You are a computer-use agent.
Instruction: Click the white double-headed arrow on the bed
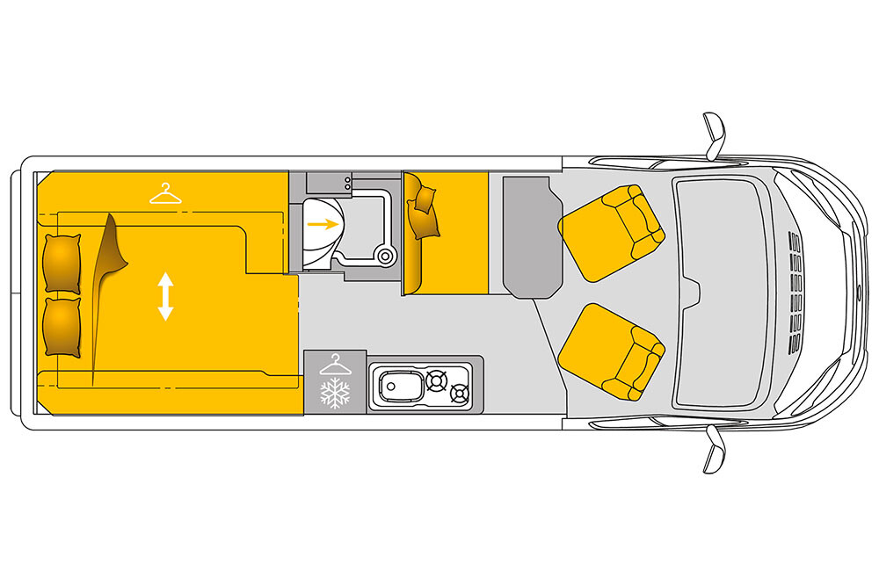165,296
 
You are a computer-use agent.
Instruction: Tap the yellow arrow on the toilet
323,224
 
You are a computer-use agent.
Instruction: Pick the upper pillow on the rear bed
62,263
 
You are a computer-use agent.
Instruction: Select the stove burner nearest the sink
436,380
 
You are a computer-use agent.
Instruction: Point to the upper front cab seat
612,231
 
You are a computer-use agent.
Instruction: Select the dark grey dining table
532,234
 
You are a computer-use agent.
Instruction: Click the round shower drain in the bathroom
383,257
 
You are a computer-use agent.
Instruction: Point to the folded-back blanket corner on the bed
110,255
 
